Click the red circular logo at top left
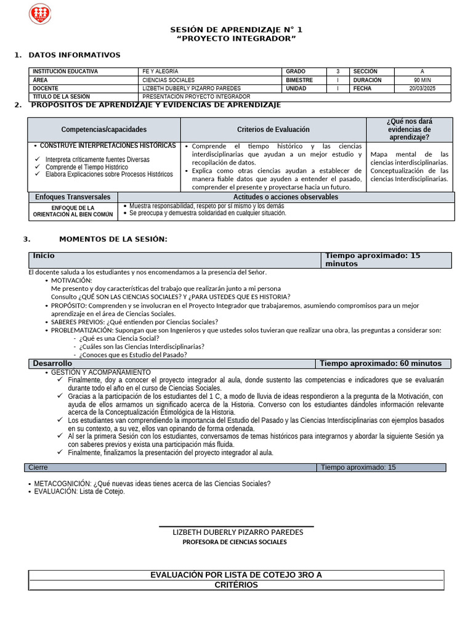pyautogui.click(x=39, y=14)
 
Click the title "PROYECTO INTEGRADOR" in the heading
pyautogui.click(x=236, y=39)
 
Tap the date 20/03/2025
pyautogui.click(x=422, y=88)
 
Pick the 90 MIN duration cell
pyautogui.click(x=422, y=80)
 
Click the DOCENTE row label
pyautogui.click(x=46, y=88)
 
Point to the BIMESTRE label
pyautogui.click(x=299, y=80)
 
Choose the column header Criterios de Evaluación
pyautogui.click(x=273, y=129)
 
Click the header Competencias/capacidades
pyautogui.click(x=104, y=129)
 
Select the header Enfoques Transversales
pyautogui.click(x=73, y=197)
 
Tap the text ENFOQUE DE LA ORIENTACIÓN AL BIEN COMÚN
pyautogui.click(x=73, y=211)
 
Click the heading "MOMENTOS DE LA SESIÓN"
pyautogui.click(x=113, y=239)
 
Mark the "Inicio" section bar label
pyautogui.click(x=44, y=256)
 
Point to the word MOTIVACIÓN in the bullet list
pyautogui.click(x=71, y=280)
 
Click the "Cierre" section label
pyautogui.click(x=38, y=468)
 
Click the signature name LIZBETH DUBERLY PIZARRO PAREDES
pyautogui.click(x=238, y=532)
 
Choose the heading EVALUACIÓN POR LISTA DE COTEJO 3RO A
pyautogui.click(x=236, y=575)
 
